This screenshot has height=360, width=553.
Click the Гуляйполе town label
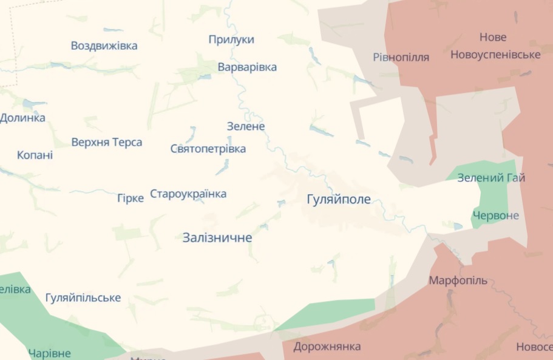pos(339,200)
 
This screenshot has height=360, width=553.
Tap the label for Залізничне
pos(217,238)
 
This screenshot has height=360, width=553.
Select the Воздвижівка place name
pos(104,46)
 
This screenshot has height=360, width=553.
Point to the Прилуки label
pos(231,39)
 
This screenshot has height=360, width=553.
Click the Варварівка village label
pos(247,67)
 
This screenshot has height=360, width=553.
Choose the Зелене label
pos(246,126)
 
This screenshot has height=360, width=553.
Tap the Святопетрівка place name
pos(208,149)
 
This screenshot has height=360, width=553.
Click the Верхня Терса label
pos(107,142)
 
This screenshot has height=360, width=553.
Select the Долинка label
pos(22,118)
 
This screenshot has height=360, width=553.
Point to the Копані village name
pos(35,155)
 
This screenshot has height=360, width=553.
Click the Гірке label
pos(131,198)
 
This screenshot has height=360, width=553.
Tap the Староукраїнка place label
pos(188,194)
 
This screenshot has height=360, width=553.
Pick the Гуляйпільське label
pos(83,297)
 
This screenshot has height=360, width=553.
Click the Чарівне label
pos(49,353)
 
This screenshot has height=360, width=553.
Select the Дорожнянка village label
pos(327,347)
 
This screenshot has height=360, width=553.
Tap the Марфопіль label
pos(458,280)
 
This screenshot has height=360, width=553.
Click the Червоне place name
pos(496,216)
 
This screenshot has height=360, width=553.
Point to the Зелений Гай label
pos(491,178)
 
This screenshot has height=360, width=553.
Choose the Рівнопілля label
pos(401,57)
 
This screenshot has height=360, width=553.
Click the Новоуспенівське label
pos(495,55)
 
